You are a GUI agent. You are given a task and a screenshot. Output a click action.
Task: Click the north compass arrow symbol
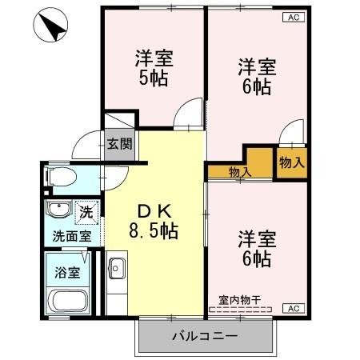50,25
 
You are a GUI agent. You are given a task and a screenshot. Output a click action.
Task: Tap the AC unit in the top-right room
294,18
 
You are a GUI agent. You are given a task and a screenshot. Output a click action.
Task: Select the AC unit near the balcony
294,308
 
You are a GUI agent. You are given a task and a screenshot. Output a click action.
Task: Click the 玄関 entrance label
120,144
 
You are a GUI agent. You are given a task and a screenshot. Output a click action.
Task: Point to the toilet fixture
61,177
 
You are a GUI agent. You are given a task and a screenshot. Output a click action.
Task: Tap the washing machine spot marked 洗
86,212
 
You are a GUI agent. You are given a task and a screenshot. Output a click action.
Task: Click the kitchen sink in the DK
116,269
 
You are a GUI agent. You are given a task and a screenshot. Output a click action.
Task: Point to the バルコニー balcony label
205,336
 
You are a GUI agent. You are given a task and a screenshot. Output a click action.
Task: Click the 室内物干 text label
239,301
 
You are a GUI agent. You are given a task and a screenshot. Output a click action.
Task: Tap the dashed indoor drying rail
241,310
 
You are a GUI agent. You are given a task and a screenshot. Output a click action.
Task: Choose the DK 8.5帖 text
154,222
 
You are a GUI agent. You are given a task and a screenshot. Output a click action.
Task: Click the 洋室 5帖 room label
154,68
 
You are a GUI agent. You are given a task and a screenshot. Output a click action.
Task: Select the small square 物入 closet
292,163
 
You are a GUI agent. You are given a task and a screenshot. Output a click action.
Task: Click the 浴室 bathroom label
67,273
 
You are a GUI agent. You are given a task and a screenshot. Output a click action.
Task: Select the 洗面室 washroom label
72,236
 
